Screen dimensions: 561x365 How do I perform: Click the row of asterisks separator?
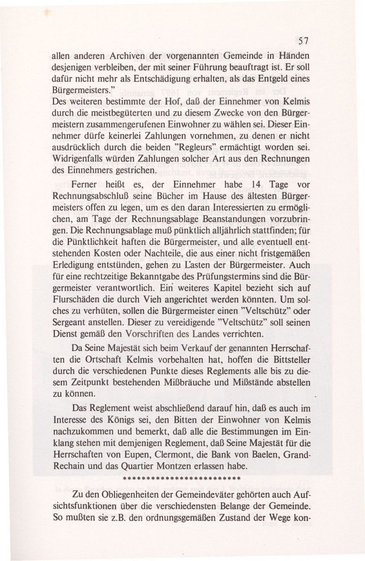182,479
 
